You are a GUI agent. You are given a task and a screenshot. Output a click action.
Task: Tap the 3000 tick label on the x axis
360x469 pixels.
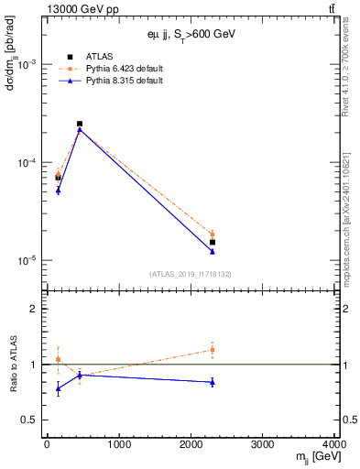point(263,444)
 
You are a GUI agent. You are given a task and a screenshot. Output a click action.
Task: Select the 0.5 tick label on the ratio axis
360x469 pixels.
point(28,420)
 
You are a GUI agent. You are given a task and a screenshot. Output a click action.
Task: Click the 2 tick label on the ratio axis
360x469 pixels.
point(34,309)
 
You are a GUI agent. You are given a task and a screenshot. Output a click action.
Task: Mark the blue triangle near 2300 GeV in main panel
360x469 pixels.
point(213,251)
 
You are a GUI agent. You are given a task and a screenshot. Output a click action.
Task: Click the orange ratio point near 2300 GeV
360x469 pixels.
point(213,349)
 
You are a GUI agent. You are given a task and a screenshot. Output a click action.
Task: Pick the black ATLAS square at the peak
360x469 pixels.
point(80,124)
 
